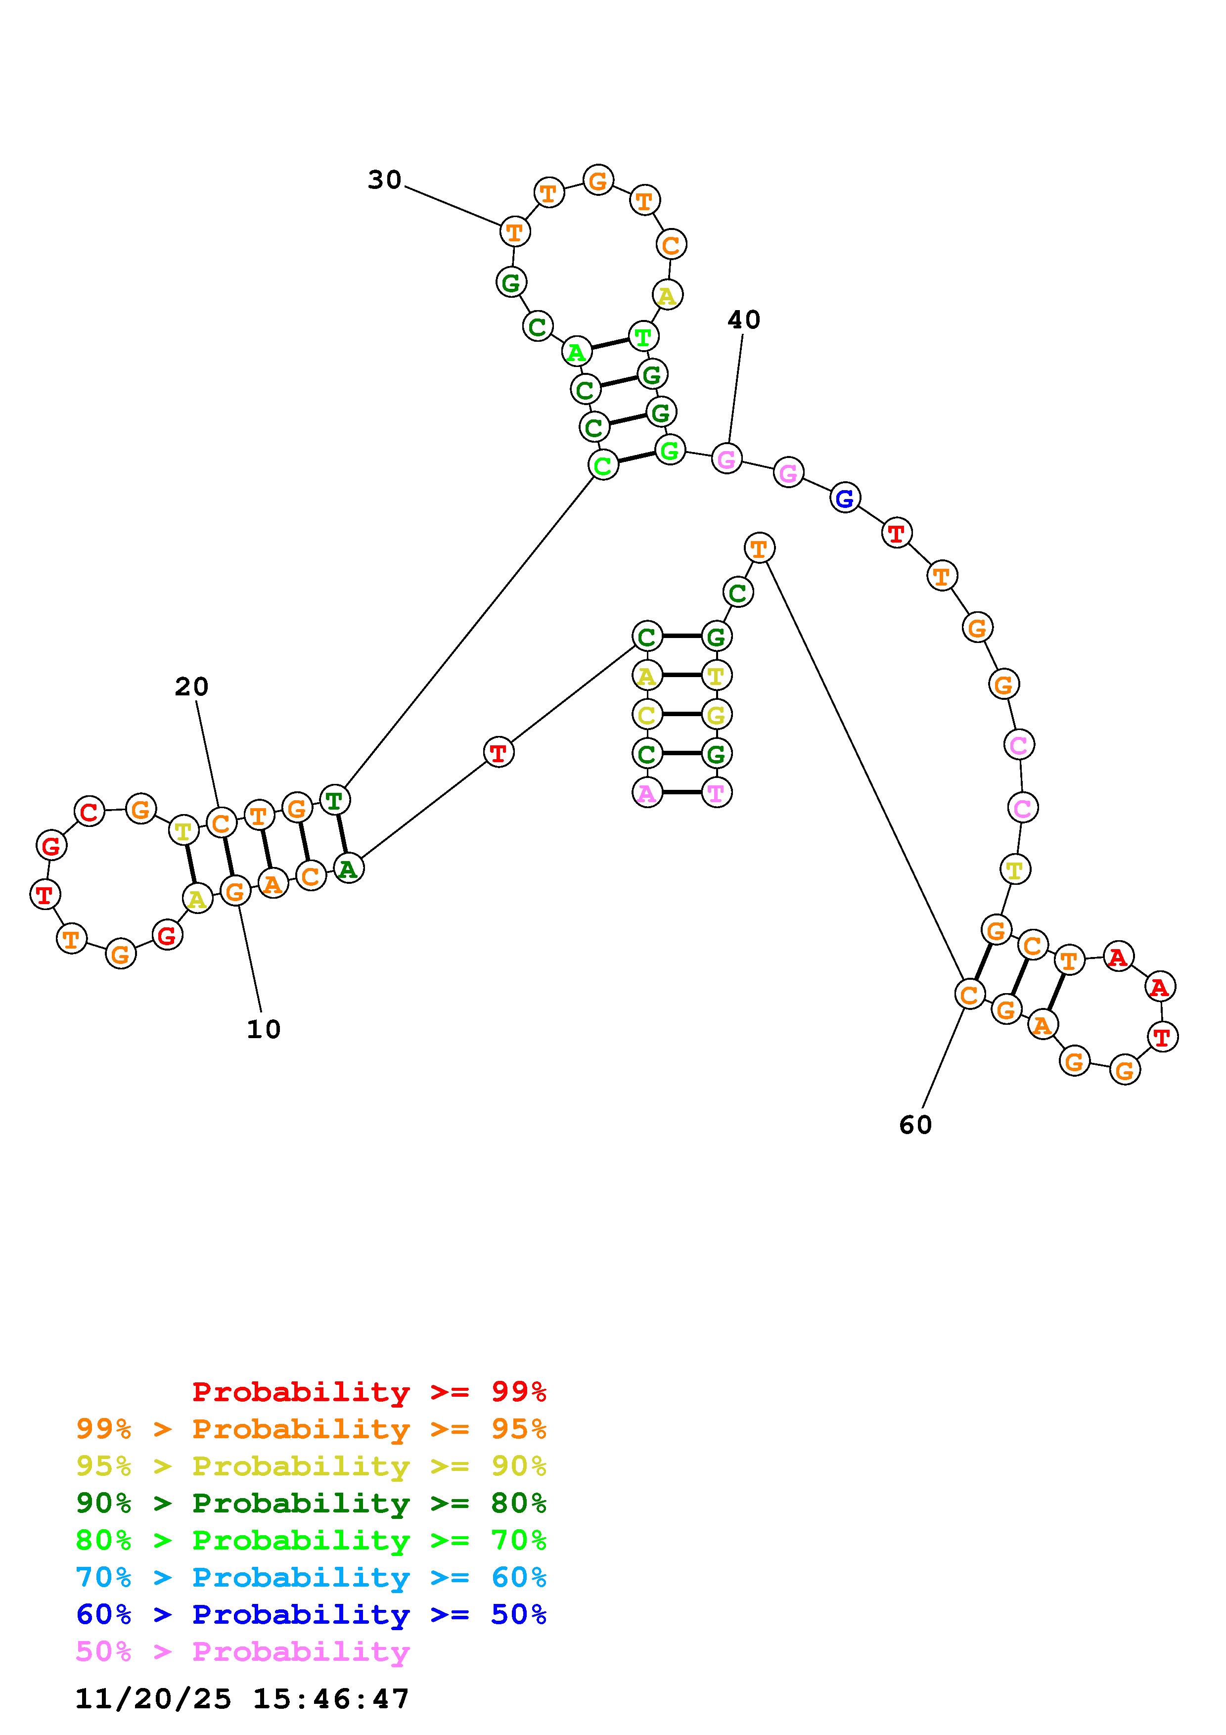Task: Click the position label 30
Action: pos(384,180)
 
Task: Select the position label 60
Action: pos(915,1125)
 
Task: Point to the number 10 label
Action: pos(263,1029)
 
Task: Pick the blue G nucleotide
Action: pos(845,498)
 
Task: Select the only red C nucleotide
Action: pos(89,812)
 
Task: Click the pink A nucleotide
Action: pos(646,793)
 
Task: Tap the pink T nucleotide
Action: pos(716,793)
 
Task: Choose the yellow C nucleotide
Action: pos(646,714)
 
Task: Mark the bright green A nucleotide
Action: pos(576,351)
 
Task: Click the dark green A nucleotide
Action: pos(348,869)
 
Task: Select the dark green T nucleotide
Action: pos(334,799)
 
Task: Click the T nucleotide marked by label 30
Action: pos(514,231)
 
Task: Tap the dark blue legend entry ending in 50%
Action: pos(311,1614)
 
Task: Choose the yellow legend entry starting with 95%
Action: pos(311,1466)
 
